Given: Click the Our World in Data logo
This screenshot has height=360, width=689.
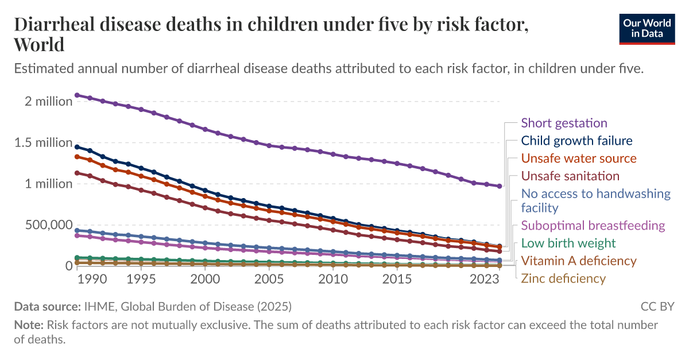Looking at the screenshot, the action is [647, 29].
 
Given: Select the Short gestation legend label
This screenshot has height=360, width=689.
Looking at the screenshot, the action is [564, 123].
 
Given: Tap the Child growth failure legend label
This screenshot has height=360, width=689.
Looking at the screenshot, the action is [576, 141].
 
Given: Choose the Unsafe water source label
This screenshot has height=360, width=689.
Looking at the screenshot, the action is [579, 158].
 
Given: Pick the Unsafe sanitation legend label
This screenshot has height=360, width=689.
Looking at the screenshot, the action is [570, 176].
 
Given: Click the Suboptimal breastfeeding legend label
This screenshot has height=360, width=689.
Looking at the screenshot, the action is [593, 226].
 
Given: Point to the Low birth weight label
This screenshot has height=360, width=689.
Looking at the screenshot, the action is [568, 243].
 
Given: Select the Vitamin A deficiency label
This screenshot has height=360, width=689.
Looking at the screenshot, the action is [579, 261].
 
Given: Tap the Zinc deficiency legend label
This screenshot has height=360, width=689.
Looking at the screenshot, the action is [563, 278].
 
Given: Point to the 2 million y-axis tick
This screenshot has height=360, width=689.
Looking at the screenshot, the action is [49, 101].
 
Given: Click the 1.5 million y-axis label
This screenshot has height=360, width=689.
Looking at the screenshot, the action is [44, 142].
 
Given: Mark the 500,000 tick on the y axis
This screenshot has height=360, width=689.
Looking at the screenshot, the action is [49, 225].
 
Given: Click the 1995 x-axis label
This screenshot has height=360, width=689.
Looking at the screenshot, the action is [141, 279].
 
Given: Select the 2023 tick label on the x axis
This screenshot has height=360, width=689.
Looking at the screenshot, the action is [485, 279].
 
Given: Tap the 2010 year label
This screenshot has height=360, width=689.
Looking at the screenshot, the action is [333, 279].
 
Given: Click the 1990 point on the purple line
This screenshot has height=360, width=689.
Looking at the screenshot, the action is [77, 95].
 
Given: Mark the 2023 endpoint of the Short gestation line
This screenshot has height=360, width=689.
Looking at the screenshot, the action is [500, 186].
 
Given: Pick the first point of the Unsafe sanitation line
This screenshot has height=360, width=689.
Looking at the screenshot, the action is [77, 173].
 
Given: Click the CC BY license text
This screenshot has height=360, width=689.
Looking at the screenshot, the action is [657, 307].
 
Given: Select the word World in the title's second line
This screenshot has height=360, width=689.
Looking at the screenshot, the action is [39, 45].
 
